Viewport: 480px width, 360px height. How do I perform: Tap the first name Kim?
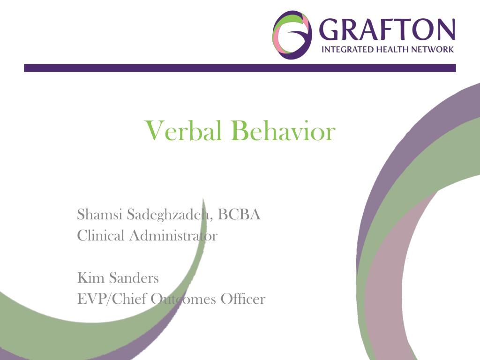click(x=90, y=278)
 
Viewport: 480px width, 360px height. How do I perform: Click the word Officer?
click(x=242, y=299)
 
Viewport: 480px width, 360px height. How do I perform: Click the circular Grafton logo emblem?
click(x=292, y=34)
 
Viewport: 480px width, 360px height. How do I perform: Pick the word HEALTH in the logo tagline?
click(x=393, y=50)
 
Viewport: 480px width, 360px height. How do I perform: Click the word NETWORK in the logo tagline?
click(x=434, y=50)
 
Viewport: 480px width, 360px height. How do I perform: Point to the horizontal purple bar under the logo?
click(x=240, y=68)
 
